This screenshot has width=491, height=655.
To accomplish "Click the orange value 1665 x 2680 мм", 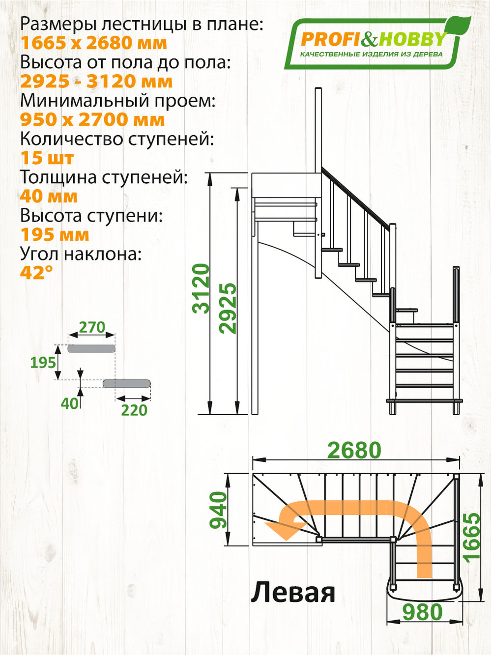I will (93, 43).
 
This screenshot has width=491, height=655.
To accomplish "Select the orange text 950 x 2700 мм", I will (92, 120).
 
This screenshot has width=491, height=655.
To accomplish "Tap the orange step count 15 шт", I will (47, 158).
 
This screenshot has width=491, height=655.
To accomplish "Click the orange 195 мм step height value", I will (55, 235).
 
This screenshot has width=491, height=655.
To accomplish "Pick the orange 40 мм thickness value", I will (49, 197).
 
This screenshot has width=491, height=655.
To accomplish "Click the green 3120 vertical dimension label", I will (202, 288).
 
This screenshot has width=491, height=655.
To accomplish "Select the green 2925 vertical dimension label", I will (228, 308).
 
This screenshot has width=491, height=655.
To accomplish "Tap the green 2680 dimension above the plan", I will (354, 450).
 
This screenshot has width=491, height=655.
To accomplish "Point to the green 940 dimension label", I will (218, 510).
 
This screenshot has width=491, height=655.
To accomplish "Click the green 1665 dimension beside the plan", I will (471, 537).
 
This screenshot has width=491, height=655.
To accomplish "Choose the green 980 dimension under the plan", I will (422, 612).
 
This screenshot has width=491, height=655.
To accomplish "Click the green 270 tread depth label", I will (92, 327).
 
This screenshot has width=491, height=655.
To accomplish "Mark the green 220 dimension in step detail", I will (134, 410).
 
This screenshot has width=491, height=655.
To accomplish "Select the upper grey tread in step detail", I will (91, 349).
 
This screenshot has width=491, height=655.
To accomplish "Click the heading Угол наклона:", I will (81, 254).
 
